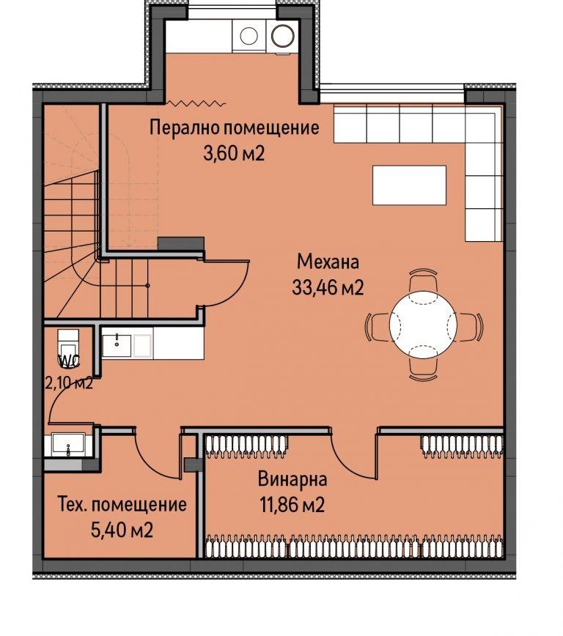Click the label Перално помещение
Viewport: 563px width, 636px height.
pos(234,127)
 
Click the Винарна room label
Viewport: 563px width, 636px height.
pos(292,480)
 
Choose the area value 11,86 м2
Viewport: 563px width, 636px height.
pos(292,506)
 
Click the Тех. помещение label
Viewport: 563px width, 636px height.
pos(122,505)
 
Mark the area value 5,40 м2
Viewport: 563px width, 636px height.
pos(122,530)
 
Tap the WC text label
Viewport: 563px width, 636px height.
pos(68,360)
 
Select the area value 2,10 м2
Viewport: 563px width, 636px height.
pos(67,383)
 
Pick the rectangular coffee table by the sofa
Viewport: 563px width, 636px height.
pos(409,185)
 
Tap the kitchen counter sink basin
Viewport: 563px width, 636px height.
pos(117,343)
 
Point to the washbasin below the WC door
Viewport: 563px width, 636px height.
pos(68,445)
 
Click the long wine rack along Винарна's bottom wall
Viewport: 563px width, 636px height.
pos(355,547)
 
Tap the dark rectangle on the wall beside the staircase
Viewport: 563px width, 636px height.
pos(180,243)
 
